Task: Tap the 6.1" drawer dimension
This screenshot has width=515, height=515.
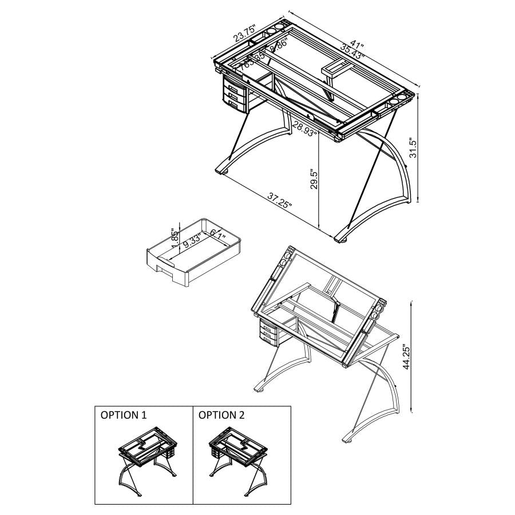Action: coord(217,234)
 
